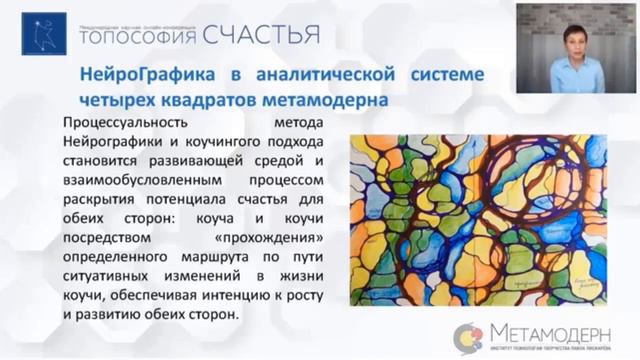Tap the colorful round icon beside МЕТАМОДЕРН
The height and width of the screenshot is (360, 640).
click(467, 337)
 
